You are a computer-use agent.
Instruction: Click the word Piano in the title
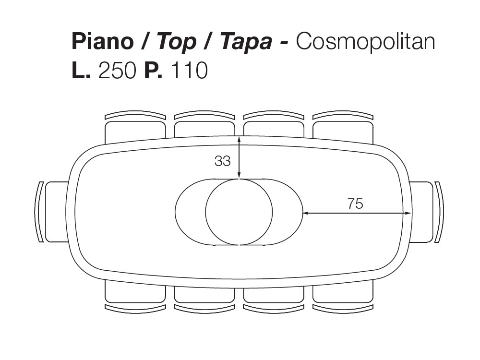click(102, 42)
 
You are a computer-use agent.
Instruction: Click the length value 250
click(117, 71)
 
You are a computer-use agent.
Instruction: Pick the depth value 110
click(189, 71)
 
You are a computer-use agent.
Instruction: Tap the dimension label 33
click(222, 161)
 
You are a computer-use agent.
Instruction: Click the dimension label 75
click(355, 204)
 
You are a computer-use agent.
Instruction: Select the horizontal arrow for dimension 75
click(357, 213)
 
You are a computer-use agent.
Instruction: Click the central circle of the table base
click(239, 212)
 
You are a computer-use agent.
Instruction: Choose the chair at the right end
click(424, 212)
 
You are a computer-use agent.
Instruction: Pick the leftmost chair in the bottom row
click(135, 295)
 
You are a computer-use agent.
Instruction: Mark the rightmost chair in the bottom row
click(343, 295)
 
